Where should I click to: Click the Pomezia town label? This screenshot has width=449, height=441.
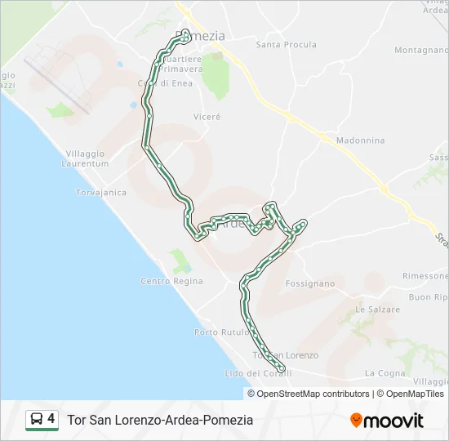point(200,36)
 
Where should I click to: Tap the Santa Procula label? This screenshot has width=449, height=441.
point(286,45)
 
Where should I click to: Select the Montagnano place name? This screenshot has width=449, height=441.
point(420,50)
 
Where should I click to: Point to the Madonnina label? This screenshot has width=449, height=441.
point(360,140)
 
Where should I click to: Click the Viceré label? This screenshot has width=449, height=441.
point(207,117)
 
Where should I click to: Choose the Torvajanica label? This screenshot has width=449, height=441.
point(100,193)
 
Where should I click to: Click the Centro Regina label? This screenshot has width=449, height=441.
point(171,282)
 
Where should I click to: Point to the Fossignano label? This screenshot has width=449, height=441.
point(310,284)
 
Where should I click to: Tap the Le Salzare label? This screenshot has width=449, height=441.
point(378,310)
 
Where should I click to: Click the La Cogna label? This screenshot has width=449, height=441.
point(385,373)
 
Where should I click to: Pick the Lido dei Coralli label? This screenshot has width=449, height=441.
point(252,373)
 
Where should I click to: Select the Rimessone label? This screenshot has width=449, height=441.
point(425,276)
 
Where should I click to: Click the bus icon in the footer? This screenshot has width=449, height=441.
point(37,420)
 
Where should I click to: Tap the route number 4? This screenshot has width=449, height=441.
point(51,419)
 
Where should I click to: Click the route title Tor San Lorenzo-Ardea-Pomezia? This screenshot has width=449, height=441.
point(160,420)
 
